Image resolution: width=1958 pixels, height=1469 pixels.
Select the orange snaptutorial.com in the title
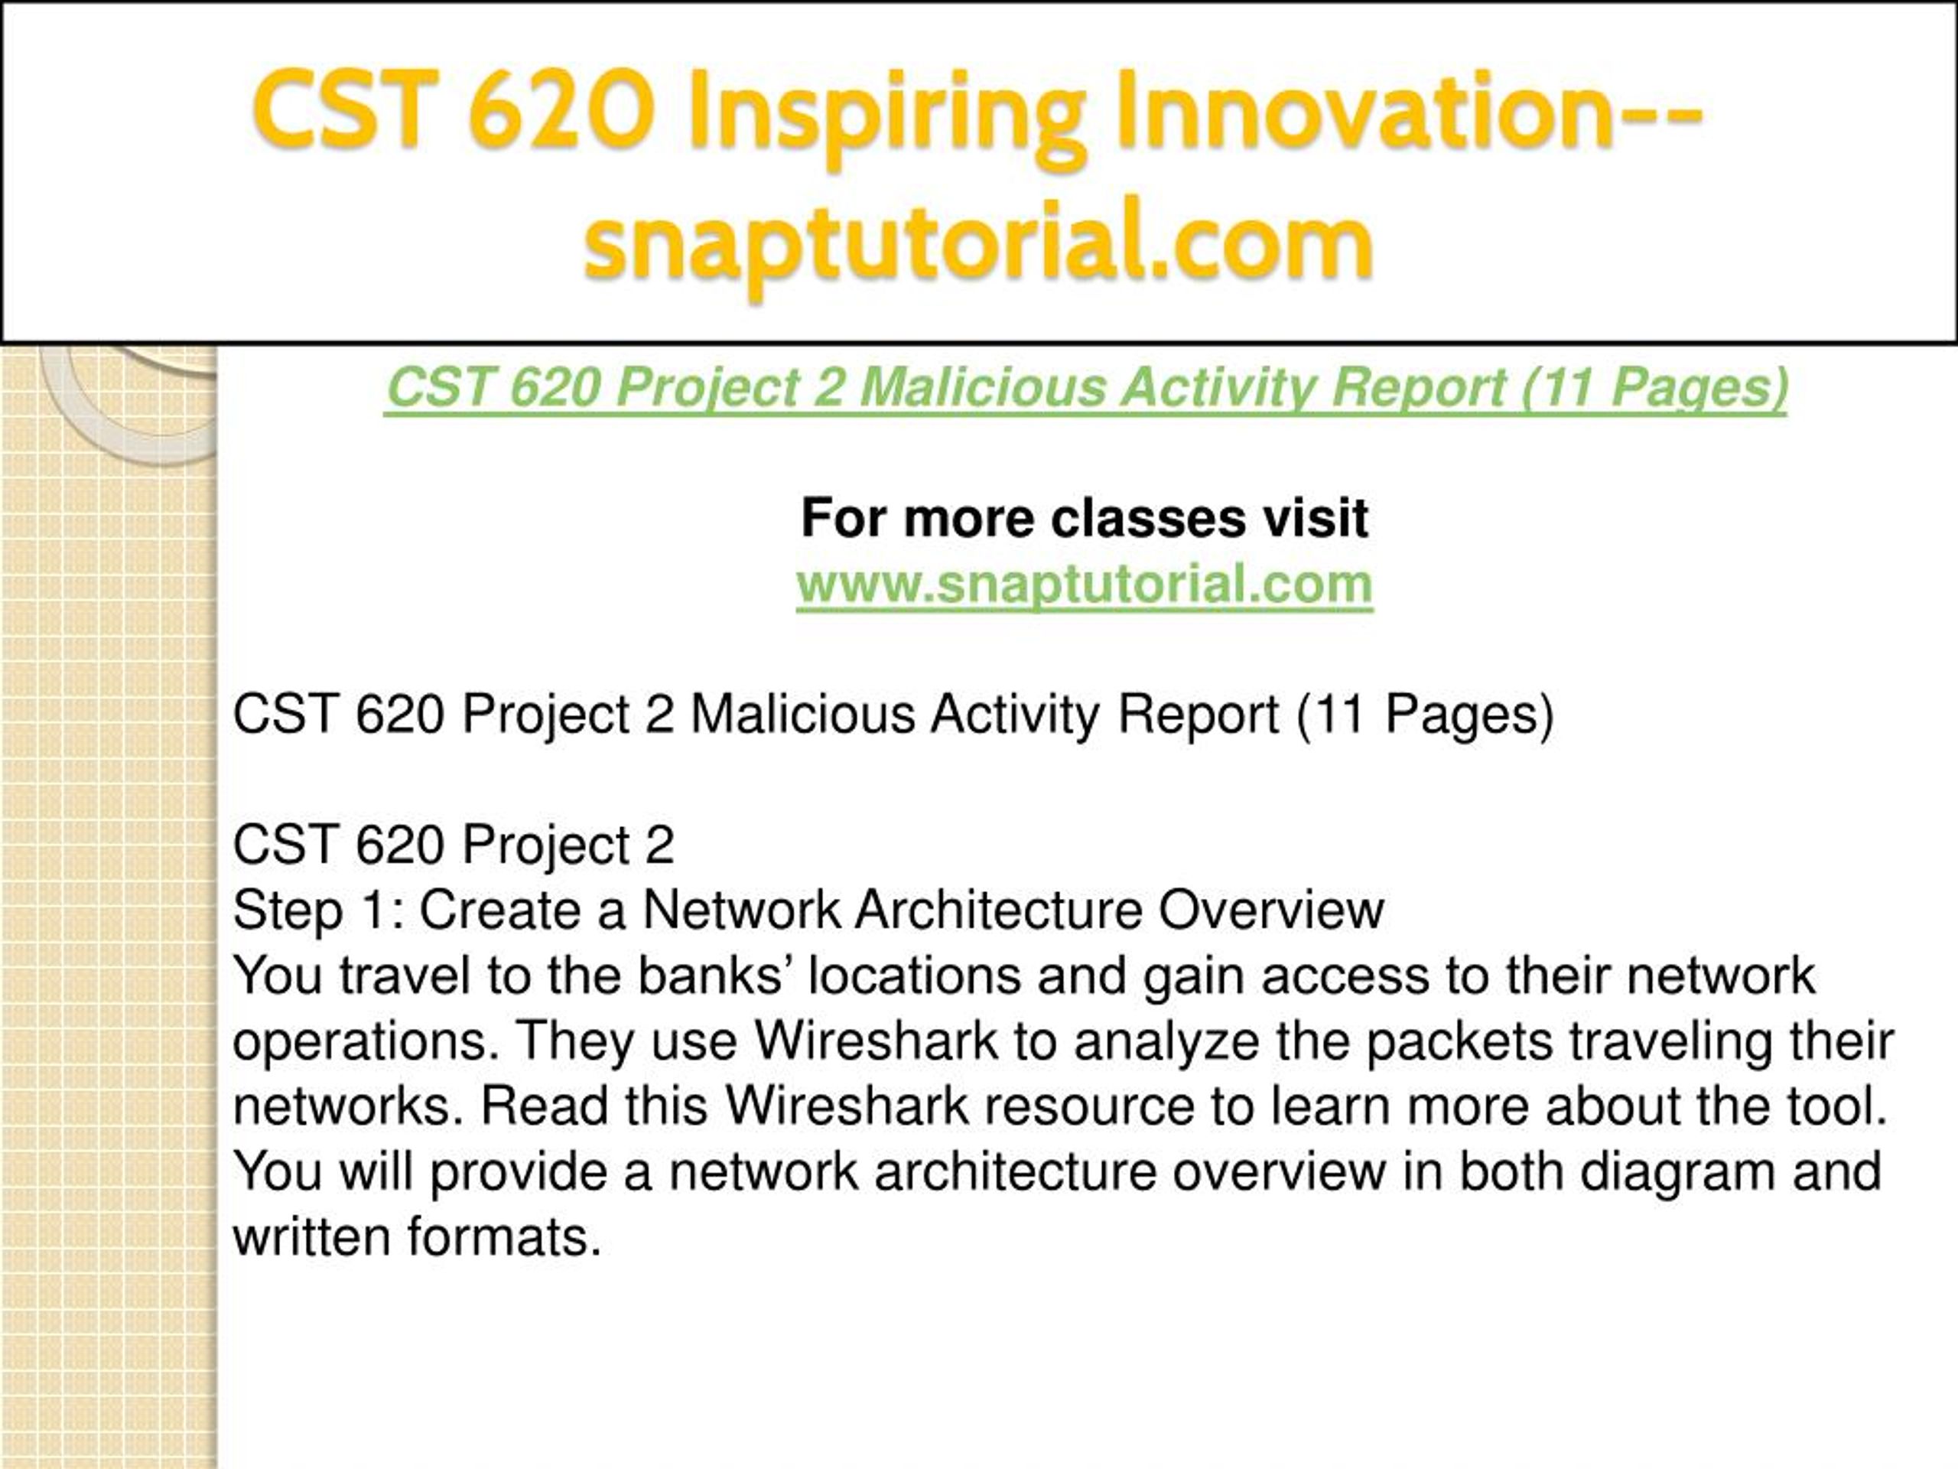[x=979, y=240]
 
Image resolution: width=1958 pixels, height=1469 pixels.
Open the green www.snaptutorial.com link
[x=1085, y=585]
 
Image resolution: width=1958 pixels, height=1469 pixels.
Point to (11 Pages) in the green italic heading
[x=1654, y=389]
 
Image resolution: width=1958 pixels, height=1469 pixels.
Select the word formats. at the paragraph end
[x=504, y=1237]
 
